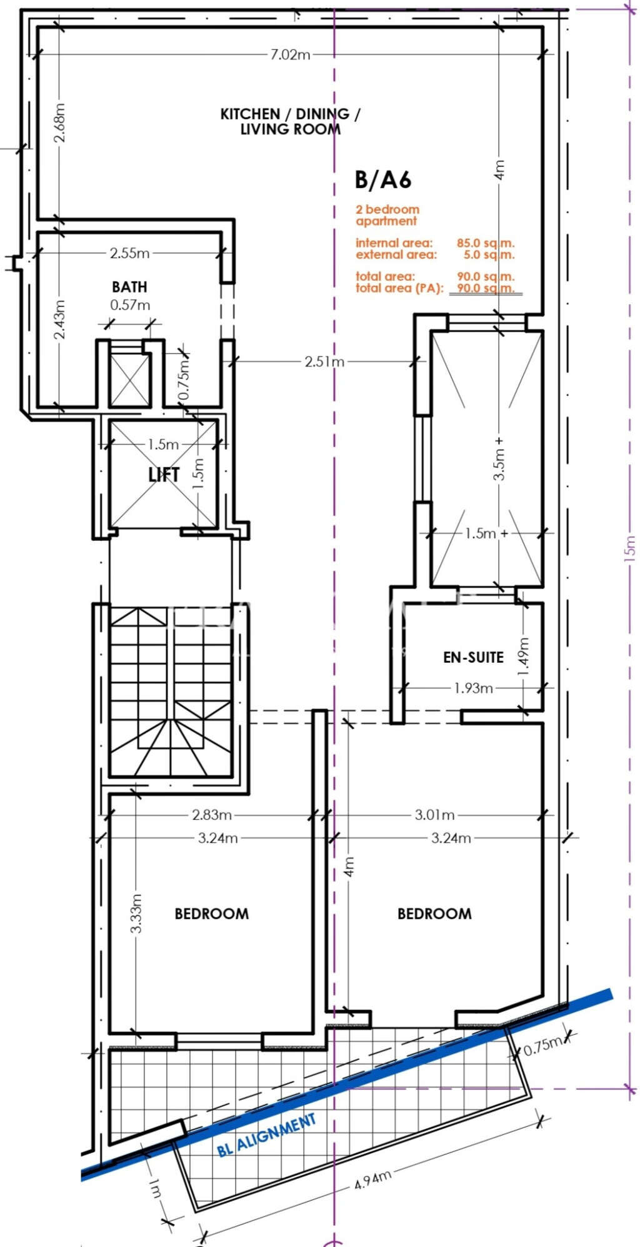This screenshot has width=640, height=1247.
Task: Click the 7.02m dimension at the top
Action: tap(290, 54)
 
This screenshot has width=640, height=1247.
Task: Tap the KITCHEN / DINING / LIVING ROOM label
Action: tap(290, 121)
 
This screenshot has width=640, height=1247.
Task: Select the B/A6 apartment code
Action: tap(382, 180)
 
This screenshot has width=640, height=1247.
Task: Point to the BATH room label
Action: tap(129, 287)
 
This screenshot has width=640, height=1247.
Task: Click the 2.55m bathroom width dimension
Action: tap(129, 253)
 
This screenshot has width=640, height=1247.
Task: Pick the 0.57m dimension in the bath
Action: tap(130, 305)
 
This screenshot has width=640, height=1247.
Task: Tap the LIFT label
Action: tap(164, 475)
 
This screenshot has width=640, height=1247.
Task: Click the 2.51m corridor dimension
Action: tap(324, 361)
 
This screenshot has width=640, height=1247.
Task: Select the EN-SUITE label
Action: tap(473, 657)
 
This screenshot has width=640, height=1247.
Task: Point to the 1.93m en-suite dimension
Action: tap(473, 688)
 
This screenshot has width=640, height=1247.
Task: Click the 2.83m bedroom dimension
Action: tap(212, 815)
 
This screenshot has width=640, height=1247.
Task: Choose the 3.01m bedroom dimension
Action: tap(434, 815)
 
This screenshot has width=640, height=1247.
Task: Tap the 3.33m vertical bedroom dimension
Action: tap(137, 914)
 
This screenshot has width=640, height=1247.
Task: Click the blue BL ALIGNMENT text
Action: tap(267, 1135)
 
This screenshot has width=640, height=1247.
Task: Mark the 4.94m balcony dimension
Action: tap(372, 1179)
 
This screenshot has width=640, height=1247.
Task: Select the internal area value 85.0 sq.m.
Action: tap(485, 243)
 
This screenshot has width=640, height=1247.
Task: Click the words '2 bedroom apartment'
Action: tap(387, 215)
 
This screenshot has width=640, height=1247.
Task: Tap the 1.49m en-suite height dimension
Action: tap(524, 656)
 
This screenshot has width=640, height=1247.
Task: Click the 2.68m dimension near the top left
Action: tap(59, 123)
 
